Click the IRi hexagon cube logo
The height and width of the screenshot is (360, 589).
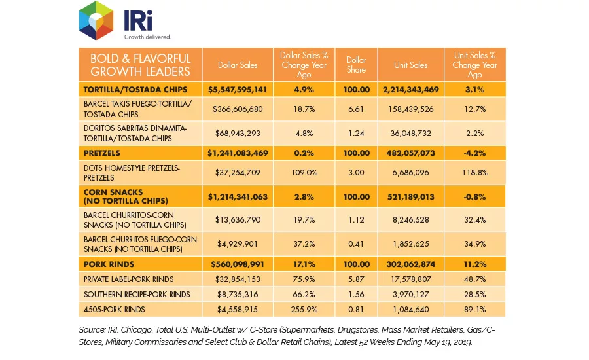point(96,20)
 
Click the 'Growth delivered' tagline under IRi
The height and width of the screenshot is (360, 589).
point(147,37)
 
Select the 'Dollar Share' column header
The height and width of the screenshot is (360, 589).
point(356,65)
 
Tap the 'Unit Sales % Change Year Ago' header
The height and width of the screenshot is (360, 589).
point(475,65)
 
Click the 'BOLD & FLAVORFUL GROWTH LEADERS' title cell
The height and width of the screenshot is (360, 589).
point(140,65)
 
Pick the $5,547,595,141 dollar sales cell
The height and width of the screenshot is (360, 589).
point(238,90)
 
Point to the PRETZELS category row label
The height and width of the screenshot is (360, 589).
point(102,153)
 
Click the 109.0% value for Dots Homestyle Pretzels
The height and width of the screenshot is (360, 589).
point(304,173)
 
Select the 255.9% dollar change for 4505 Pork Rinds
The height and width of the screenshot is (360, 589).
point(304,309)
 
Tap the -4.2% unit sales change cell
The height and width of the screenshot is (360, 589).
point(475,153)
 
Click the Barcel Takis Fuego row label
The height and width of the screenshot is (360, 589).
point(138,109)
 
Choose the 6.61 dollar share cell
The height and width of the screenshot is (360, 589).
point(356,109)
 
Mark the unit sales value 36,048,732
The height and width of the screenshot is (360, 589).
point(410,133)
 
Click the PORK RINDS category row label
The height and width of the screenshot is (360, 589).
point(109,264)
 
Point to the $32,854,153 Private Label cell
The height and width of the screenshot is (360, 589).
point(238,279)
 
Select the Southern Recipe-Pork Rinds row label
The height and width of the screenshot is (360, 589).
point(137,295)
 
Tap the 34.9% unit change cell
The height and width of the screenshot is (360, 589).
point(475,244)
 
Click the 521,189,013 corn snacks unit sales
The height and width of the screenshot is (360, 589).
point(410,196)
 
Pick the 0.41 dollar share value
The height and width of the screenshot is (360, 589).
point(356,244)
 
